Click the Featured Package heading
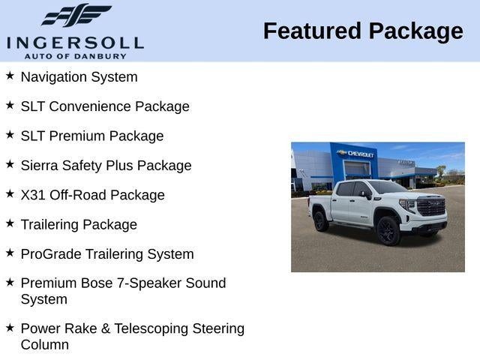click(363, 31)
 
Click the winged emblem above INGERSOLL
click(76, 16)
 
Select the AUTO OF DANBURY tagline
click(75, 55)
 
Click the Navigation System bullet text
click(79, 76)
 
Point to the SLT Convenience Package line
click(105, 106)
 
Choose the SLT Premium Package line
click(92, 136)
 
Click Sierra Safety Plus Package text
click(106, 165)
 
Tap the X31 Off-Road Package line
click(92, 195)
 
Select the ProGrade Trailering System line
click(107, 254)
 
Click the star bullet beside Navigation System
click(10, 76)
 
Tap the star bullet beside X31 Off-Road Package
click(10, 194)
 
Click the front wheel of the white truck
click(388, 231)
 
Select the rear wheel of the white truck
click(320, 221)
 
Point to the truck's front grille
click(431, 207)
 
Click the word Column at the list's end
click(44, 345)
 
